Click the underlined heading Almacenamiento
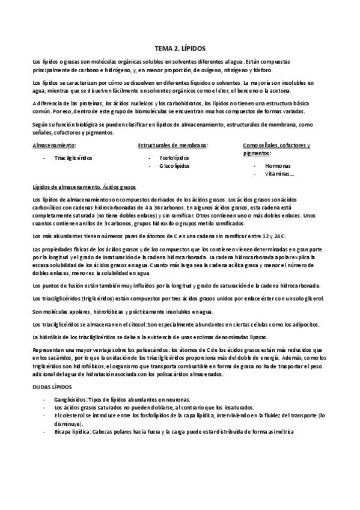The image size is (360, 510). [54, 146]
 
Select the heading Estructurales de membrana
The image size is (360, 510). [173, 146]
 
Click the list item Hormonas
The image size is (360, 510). [278, 165]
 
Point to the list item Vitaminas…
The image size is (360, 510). [279, 174]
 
